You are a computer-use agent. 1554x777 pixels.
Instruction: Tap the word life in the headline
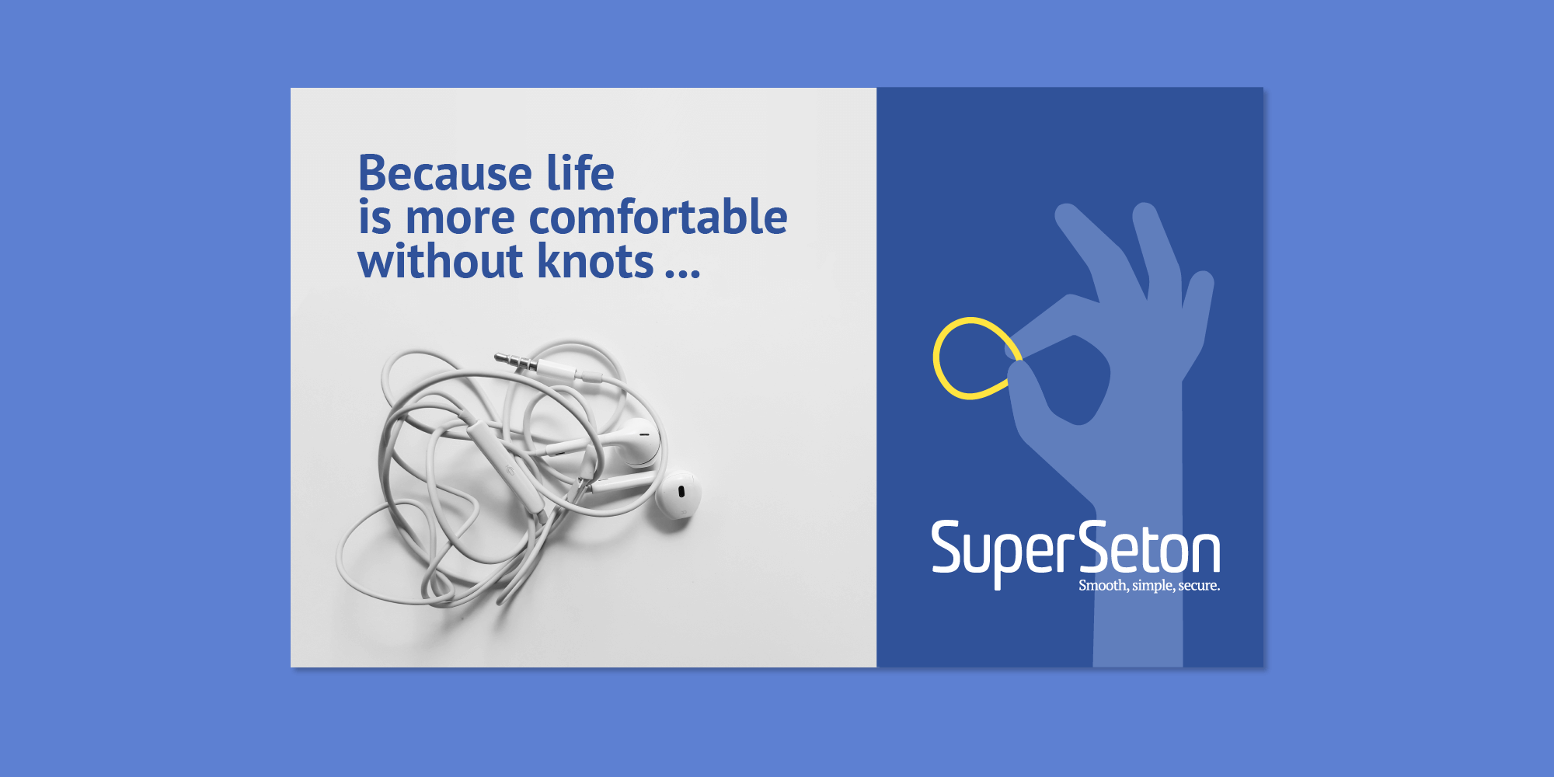point(580,172)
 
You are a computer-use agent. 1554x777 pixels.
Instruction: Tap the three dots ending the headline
point(683,272)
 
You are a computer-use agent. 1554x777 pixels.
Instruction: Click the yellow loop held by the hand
point(974,358)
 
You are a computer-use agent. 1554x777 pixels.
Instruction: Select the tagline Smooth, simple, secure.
point(1149,585)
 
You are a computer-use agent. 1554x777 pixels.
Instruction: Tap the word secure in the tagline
point(1199,585)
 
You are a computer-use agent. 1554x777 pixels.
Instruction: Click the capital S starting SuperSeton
point(947,547)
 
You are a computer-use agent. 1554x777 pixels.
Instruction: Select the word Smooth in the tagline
point(1103,585)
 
